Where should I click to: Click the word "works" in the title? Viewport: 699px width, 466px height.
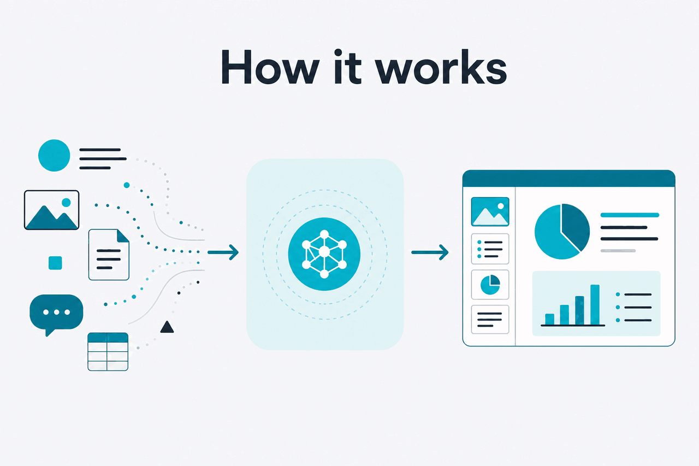(441, 67)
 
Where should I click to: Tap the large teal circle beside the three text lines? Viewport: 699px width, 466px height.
(54, 156)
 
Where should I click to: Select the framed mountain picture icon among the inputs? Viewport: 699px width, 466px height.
(51, 210)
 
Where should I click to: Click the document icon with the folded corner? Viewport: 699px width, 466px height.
(109, 255)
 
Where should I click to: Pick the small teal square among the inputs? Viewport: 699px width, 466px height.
(55, 263)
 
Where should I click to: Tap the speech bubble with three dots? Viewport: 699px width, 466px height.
(56, 314)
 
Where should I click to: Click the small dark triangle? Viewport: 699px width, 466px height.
(167, 327)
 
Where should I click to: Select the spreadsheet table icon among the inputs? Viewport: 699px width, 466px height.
(108, 352)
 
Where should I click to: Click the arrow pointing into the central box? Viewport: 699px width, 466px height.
(223, 252)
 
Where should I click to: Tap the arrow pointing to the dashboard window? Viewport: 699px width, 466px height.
(430, 252)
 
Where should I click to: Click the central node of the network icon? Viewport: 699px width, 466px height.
(324, 251)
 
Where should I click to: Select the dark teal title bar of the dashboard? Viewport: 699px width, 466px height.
(569, 179)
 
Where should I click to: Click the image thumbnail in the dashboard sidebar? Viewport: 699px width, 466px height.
(490, 211)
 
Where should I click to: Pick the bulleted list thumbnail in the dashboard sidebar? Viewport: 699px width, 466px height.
(490, 249)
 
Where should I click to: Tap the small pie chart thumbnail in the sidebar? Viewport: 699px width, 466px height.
(490, 284)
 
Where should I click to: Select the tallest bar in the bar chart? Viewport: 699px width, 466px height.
(595, 305)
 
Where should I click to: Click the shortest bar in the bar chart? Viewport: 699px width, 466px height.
(549, 319)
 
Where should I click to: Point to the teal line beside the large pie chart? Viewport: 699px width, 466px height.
(630, 215)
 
